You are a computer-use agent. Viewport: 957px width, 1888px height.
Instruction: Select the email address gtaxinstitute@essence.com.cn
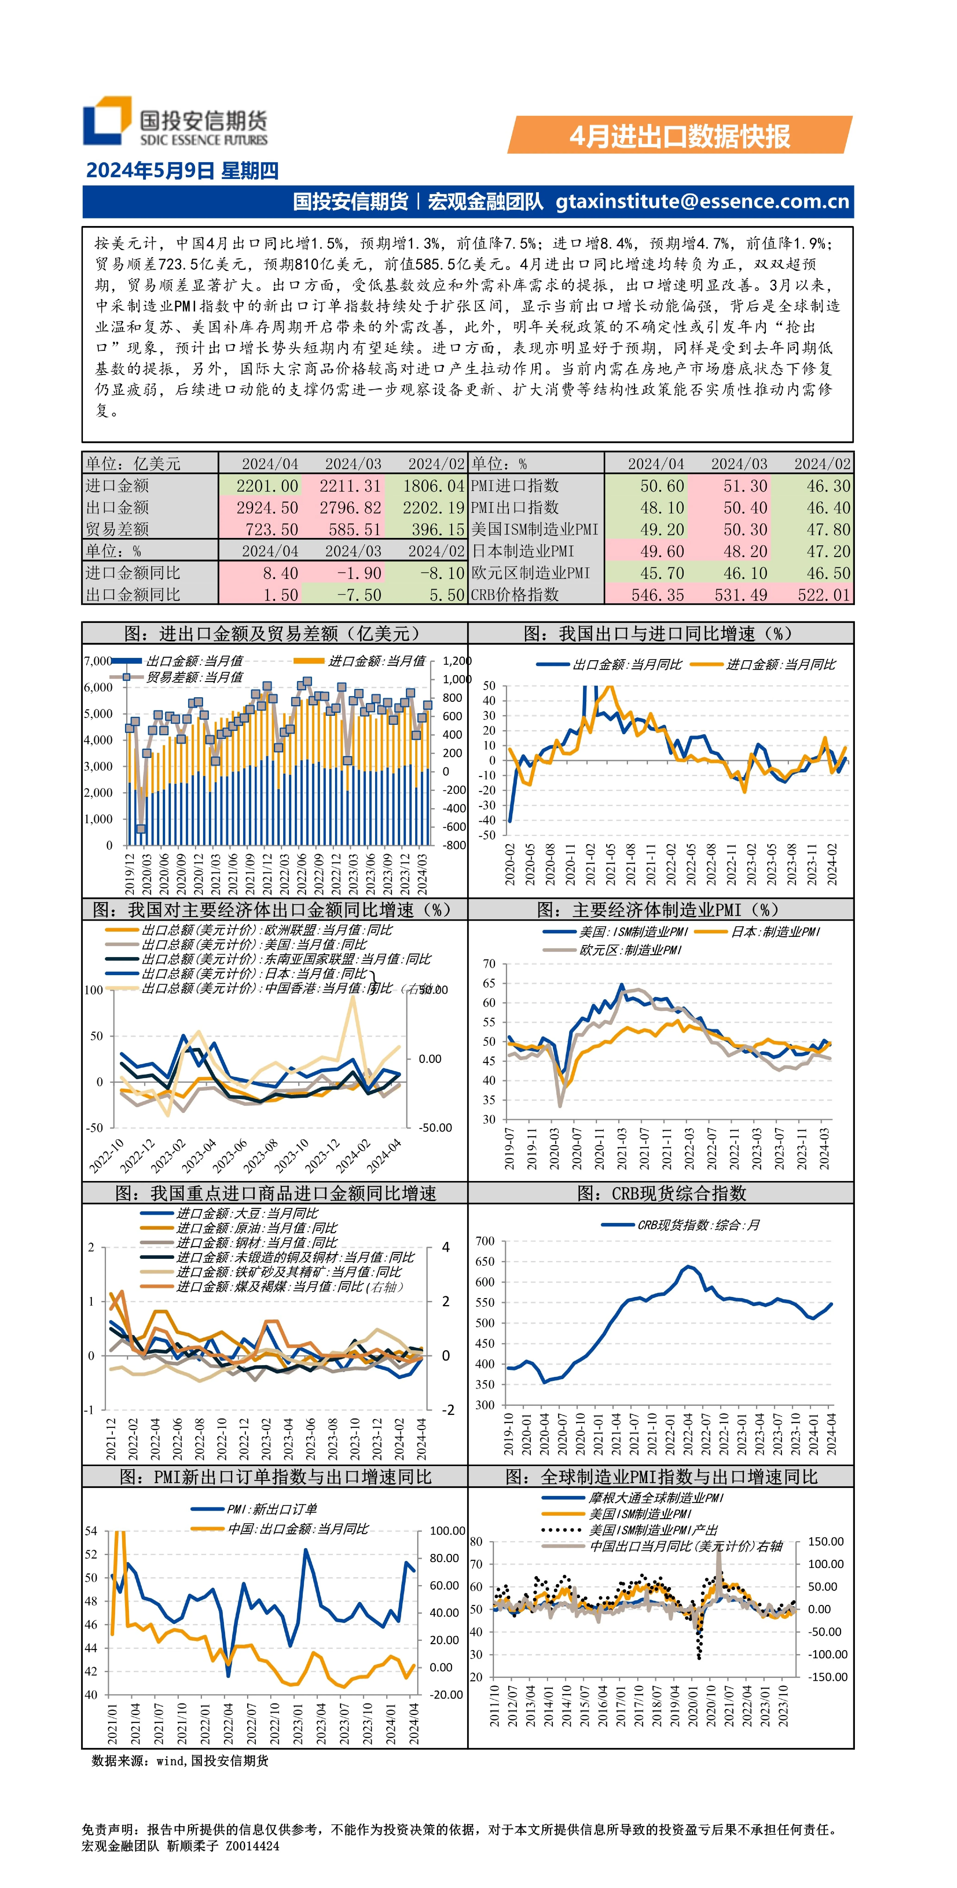[702, 201]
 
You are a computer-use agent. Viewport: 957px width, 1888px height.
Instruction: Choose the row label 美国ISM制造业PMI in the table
[534, 529]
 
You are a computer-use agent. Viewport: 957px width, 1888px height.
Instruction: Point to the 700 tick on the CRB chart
[485, 1241]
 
